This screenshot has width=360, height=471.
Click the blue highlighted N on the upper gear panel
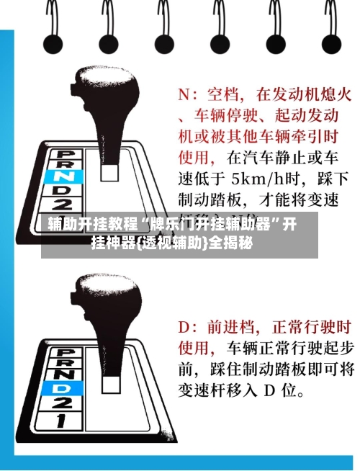[x=63, y=176]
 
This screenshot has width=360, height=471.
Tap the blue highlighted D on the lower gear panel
[x=62, y=389]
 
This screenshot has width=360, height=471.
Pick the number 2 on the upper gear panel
[x=63, y=205]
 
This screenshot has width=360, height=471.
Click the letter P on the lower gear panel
[x=65, y=353]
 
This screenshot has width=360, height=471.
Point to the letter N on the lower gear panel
[x=63, y=374]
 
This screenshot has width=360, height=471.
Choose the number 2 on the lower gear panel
[x=61, y=403]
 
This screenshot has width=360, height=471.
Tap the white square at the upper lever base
[x=109, y=172]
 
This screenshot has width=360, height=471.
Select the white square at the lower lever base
[x=111, y=385]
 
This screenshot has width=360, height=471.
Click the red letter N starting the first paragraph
[x=184, y=94]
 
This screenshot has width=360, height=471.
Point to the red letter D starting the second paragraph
[x=184, y=327]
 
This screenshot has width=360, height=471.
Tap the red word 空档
[x=222, y=94]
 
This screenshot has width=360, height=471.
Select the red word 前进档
[x=230, y=327]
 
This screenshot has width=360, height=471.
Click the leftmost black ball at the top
[x=53, y=45]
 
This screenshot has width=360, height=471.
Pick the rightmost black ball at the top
[x=331, y=45]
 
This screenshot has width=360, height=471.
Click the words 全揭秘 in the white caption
[x=230, y=243]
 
